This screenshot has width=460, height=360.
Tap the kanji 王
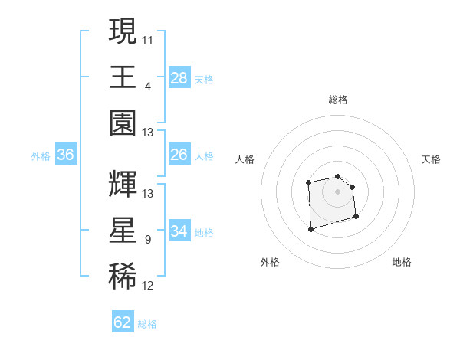[123, 77]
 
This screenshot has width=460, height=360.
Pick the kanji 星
[123, 231]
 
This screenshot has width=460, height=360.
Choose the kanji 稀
[123, 277]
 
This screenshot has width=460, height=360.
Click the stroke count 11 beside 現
[148, 40]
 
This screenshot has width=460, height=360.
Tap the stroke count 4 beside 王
[148, 87]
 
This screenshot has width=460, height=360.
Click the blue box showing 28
[179, 77]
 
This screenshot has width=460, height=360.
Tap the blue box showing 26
[179, 155]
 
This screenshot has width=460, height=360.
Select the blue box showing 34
[179, 231]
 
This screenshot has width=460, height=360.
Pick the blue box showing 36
[66, 155]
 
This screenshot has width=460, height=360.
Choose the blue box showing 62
[123, 322]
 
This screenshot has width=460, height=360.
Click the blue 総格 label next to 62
[147, 324]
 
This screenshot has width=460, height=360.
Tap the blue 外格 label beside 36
[41, 156]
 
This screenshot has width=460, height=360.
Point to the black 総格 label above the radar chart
[337, 100]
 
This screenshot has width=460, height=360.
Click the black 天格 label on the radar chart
[432, 159]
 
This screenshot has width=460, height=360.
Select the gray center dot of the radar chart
[337, 191]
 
